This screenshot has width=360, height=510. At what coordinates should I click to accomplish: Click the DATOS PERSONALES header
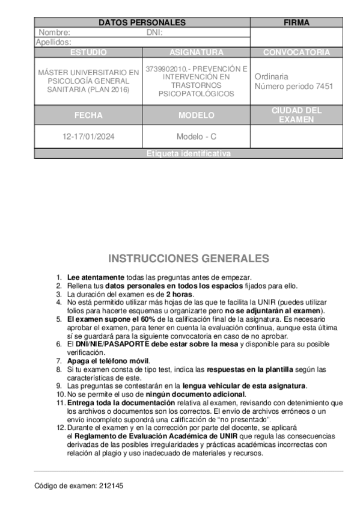[142, 23]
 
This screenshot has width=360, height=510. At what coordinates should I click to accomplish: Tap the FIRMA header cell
[296, 23]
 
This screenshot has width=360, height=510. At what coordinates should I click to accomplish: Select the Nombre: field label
[55, 32]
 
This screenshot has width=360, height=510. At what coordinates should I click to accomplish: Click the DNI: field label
[154, 32]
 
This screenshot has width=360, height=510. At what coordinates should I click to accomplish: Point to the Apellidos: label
[54, 42]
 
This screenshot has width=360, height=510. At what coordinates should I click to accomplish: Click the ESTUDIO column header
[88, 52]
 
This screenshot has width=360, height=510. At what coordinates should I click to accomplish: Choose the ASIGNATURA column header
[196, 52]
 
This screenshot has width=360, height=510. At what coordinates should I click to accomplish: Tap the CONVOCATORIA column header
[296, 52]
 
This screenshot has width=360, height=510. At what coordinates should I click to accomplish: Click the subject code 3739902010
[165, 69]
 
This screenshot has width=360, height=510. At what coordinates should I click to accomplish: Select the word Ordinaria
[271, 76]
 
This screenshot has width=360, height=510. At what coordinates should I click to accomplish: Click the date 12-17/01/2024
[88, 137]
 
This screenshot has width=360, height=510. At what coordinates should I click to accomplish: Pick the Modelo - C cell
[196, 137]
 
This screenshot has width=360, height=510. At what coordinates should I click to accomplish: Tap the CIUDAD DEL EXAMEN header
[296, 115]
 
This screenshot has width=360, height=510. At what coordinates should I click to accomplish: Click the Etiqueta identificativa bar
[188, 154]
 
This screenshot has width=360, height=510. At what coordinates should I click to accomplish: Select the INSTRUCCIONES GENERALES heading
[188, 259]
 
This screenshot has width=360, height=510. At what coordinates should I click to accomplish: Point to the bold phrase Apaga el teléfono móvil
[108, 360]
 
